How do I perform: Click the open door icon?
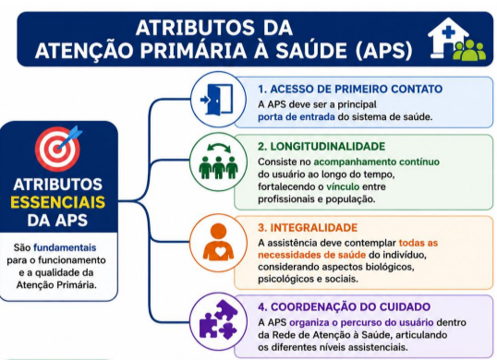click(216, 99)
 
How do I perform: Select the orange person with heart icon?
click(218, 242)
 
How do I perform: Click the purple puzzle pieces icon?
click(218, 318)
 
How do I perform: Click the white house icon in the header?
click(446, 37)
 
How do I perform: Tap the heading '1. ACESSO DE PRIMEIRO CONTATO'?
click(350, 89)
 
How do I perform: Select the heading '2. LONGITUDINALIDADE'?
click(321, 146)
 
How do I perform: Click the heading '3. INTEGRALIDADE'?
click(308, 228)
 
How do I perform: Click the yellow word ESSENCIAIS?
click(57, 202)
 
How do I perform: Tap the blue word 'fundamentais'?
click(65, 247)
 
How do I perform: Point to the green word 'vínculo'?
click(343, 186)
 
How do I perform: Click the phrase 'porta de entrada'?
click(296, 117)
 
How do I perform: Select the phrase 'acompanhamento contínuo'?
click(377, 162)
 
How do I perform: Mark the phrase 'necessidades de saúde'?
click(311, 255)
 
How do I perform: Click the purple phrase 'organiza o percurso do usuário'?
click(361, 323)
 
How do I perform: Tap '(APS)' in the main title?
click(384, 51)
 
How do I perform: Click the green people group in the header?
click(469, 50)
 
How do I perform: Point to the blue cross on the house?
click(447, 32)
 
